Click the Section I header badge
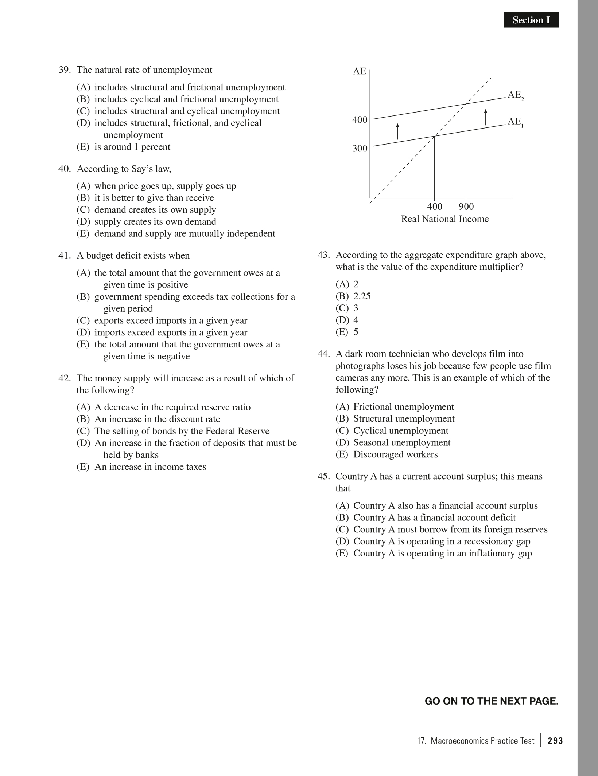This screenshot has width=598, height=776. click(x=531, y=20)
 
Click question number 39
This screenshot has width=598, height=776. click(x=64, y=70)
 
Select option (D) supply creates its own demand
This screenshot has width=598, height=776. click(x=155, y=222)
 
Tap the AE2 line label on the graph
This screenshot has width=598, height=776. click(x=515, y=95)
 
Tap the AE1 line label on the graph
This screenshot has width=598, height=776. click(x=515, y=122)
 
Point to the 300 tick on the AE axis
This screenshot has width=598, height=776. click(x=360, y=149)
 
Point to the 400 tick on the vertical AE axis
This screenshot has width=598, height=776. click(x=360, y=120)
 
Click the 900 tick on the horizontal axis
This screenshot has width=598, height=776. click(x=466, y=207)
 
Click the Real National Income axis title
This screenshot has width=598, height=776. click(x=445, y=219)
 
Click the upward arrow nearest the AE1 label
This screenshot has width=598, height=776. click(x=485, y=117)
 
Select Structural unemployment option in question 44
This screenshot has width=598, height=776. click(x=404, y=419)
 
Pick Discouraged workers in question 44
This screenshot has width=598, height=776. click(x=395, y=454)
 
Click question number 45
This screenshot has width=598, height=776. click(x=323, y=477)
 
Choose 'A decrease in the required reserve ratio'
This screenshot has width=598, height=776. click(x=172, y=407)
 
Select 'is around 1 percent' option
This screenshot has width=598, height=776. click(x=132, y=147)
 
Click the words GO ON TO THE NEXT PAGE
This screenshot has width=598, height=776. click(x=491, y=701)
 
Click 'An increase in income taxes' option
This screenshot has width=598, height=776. click(x=150, y=467)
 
